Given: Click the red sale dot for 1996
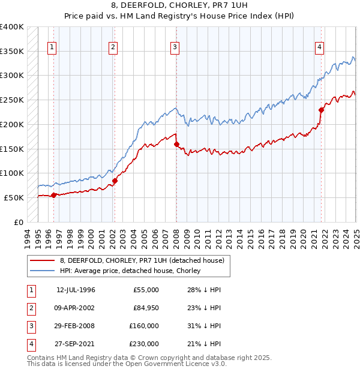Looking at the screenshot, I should pyautogui.click(x=53, y=195).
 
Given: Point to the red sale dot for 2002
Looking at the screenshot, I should pyautogui.click(x=115, y=180).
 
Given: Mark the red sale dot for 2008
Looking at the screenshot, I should pyautogui.click(x=176, y=144).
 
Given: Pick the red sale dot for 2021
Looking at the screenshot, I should pyautogui.click(x=321, y=110).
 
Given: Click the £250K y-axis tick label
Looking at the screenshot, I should pyautogui.click(x=12, y=100).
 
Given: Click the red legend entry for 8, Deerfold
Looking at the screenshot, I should pyautogui.click(x=142, y=260).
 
